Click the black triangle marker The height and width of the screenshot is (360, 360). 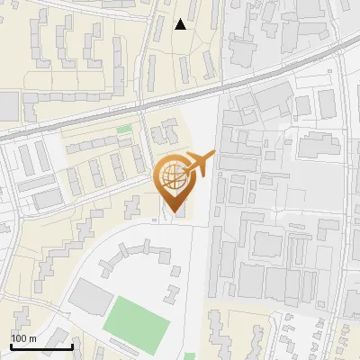[x=181, y=24]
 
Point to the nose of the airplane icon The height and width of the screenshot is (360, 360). [x=213, y=154]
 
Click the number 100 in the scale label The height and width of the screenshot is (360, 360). [x=18, y=338]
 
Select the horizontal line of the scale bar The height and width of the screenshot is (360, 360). [x=41, y=346]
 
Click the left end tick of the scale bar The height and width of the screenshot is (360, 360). [x=11, y=345]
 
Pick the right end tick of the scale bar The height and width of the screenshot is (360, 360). [x=72, y=345]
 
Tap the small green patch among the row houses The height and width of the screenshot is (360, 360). [x=123, y=130]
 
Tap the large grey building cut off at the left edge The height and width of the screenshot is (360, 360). [x=8, y=105]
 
